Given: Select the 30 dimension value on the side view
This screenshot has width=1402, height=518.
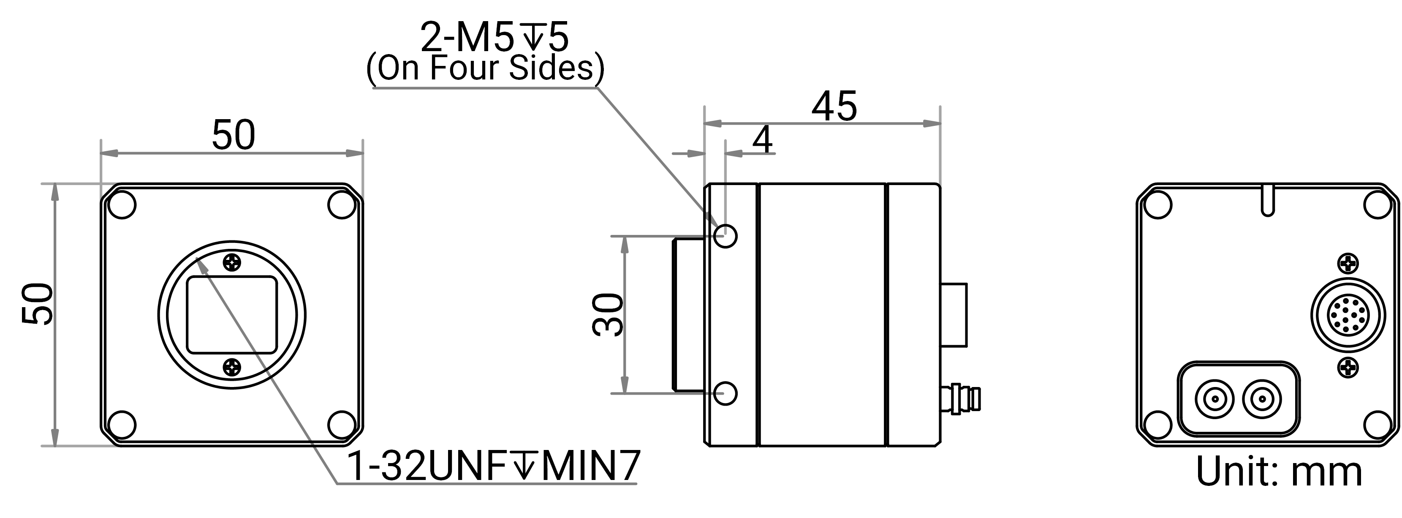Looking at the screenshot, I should (x=607, y=314).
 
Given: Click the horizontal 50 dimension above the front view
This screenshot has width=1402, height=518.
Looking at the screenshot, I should (x=233, y=134).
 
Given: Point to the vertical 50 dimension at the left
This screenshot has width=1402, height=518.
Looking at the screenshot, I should (x=38, y=304).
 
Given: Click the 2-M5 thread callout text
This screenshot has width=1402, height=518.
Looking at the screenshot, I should (x=494, y=38).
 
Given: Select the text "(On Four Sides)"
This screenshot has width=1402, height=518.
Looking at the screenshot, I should (x=485, y=68).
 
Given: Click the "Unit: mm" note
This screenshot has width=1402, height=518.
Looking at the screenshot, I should (x=1278, y=471).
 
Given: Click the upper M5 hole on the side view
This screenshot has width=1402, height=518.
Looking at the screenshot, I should (x=725, y=236).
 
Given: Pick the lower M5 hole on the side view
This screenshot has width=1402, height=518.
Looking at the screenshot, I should (x=725, y=393).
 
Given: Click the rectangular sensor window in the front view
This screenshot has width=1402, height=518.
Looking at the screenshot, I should (x=232, y=315).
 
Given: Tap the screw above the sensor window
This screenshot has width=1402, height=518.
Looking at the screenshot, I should (x=232, y=262).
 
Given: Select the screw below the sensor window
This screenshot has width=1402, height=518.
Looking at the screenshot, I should (x=232, y=367).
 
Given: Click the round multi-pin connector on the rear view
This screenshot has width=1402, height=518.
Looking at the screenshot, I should (x=1348, y=315).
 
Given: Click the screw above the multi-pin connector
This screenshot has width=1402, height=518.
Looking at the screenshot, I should (x=1348, y=264).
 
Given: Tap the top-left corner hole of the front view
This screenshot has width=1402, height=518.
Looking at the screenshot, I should (x=122, y=205).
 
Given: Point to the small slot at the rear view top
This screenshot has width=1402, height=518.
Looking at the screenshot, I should (x=1268, y=200).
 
